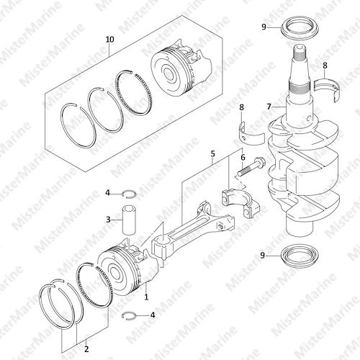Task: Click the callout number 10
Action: [x=109, y=40]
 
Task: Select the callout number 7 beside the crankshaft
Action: [x=269, y=107]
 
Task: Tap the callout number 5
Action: [x=213, y=154]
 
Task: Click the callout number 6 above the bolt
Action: [x=243, y=158]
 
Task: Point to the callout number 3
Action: [x=108, y=219]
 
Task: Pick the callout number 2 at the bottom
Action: [x=86, y=348]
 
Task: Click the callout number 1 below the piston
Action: [x=146, y=297]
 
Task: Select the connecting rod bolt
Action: [x=251, y=166]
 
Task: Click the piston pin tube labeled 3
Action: [x=129, y=220]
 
